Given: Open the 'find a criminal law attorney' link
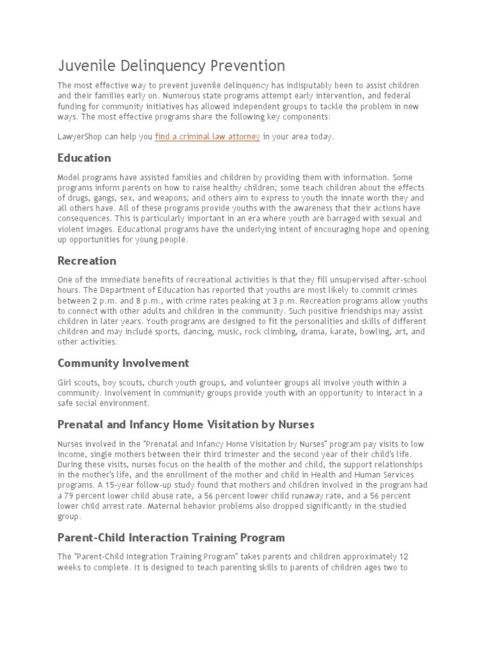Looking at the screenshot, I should pyautogui.click(x=207, y=137).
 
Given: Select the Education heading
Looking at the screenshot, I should pyautogui.click(x=84, y=158).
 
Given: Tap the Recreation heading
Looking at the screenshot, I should pyautogui.click(x=87, y=260).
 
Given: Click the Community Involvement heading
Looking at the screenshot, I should pyautogui.click(x=123, y=363).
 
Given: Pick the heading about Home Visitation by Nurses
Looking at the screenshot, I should pyautogui.click(x=185, y=424).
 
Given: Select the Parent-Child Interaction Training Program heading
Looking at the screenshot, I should pyautogui.click(x=171, y=537).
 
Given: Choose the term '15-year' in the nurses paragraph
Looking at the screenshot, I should pyautogui.click(x=110, y=485).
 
